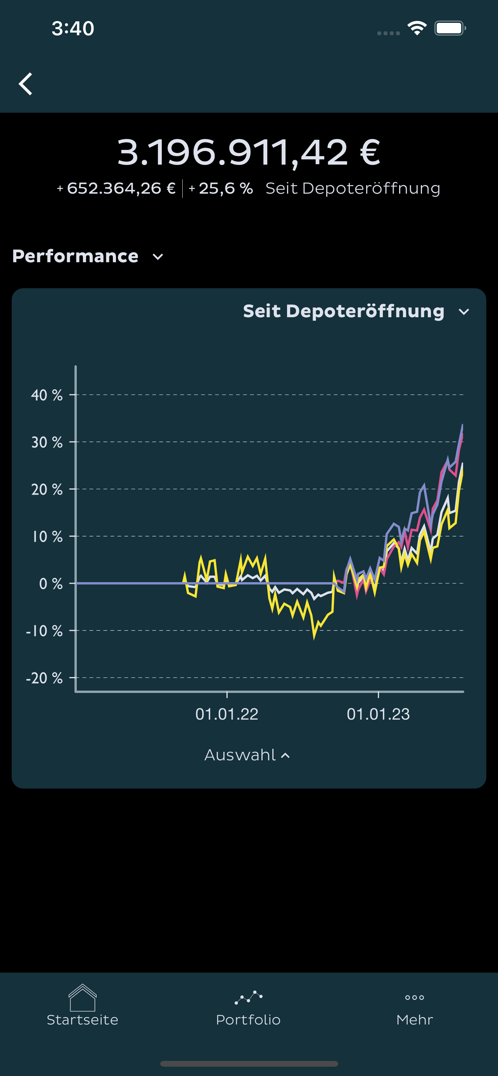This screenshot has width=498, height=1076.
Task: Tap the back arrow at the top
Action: tap(26, 84)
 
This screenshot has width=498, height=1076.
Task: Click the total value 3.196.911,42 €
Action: tap(248, 153)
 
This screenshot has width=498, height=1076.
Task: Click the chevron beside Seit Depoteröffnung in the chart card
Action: tap(464, 311)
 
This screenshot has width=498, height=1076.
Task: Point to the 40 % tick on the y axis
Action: tap(47, 395)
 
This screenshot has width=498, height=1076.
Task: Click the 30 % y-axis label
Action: tap(47, 442)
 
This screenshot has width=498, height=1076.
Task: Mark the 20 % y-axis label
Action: tap(47, 489)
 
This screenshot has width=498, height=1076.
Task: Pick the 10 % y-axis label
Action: tap(47, 536)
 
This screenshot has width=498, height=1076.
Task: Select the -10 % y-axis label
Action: tap(44, 631)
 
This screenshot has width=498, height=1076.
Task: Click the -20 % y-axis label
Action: tap(44, 678)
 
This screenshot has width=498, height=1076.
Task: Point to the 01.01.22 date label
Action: tap(227, 714)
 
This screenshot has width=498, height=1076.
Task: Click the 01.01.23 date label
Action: tap(378, 714)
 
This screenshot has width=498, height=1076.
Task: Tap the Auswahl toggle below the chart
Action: tap(247, 755)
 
